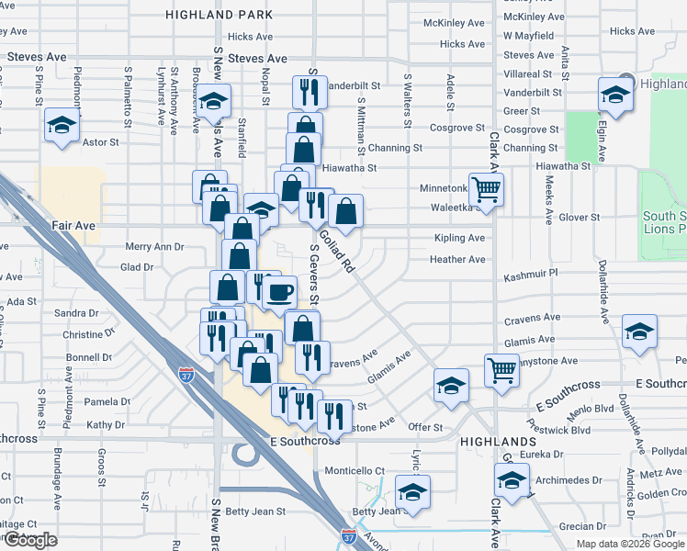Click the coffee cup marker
(x=280, y=294)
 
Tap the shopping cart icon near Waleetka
(x=487, y=189)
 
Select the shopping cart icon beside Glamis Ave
(x=502, y=371)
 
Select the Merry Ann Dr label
(x=154, y=247)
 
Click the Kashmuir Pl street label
(x=531, y=276)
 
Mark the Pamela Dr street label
(x=107, y=401)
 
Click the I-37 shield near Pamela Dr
(x=184, y=374)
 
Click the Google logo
(x=31, y=540)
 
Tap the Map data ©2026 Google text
(x=630, y=544)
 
